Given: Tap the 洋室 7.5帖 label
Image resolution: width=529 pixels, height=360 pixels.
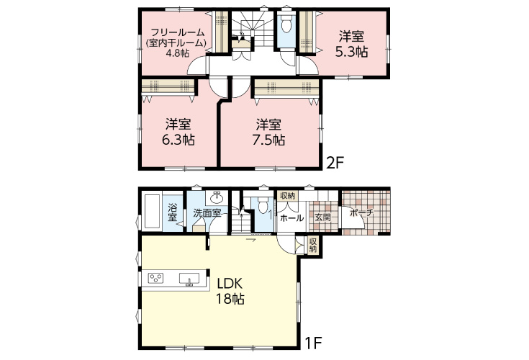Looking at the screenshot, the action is (x=269, y=132).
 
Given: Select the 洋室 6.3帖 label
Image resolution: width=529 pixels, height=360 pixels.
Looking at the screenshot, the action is (x=178, y=132).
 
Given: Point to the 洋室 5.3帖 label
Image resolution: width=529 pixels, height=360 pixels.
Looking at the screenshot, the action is (x=351, y=44).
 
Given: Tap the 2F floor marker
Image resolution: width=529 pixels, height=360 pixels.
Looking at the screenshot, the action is (x=335, y=163).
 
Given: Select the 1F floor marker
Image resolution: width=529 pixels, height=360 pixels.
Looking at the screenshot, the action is (x=313, y=344).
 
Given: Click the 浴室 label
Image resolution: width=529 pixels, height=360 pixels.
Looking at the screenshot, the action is (x=173, y=212).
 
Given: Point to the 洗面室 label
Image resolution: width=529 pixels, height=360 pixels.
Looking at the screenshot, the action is (x=207, y=213).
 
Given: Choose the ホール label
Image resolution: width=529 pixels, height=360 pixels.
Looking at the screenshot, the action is (x=291, y=218).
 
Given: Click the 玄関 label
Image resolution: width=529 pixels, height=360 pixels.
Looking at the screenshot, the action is (x=323, y=217).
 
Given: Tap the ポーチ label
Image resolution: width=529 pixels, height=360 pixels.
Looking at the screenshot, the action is (x=361, y=213).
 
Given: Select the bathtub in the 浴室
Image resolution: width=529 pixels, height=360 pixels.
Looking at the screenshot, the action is (x=153, y=212).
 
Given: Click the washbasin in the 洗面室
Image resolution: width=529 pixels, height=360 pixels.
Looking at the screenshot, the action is (x=216, y=197).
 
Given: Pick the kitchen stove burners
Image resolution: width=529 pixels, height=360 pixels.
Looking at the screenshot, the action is (x=156, y=278).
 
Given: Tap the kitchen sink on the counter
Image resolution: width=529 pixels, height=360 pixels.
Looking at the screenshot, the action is (x=189, y=279).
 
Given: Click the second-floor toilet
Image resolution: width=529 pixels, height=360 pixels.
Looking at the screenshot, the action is (x=286, y=24).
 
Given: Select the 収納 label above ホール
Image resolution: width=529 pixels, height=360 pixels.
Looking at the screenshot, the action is (x=288, y=196).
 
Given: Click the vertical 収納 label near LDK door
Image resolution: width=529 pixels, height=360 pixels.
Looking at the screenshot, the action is (x=313, y=246).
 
